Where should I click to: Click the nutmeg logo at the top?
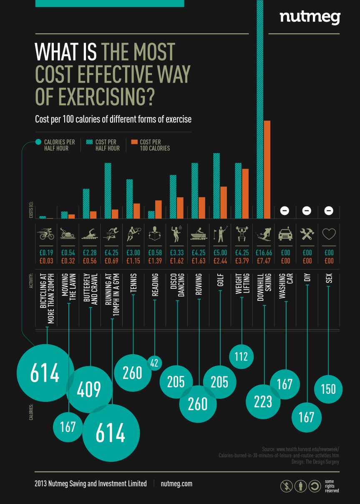click(310, 17)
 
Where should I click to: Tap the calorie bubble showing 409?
click(89, 389)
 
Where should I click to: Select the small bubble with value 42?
click(154, 363)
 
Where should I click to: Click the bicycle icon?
click(46, 234)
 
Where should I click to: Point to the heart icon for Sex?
click(329, 234)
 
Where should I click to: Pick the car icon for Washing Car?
click(285, 234)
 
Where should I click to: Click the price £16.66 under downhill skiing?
click(264, 253)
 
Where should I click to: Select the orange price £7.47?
click(264, 261)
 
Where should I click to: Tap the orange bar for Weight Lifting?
click(245, 194)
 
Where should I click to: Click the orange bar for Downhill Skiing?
click(267, 169)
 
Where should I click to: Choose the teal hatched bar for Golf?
click(216, 186)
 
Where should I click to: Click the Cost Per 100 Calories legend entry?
click(151, 145)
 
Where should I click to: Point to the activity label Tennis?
click(133, 284)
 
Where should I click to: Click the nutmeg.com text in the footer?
click(176, 484)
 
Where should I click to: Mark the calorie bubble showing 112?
click(242, 356)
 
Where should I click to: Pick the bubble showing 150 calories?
click(328, 389)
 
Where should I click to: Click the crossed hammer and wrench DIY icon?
click(307, 234)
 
